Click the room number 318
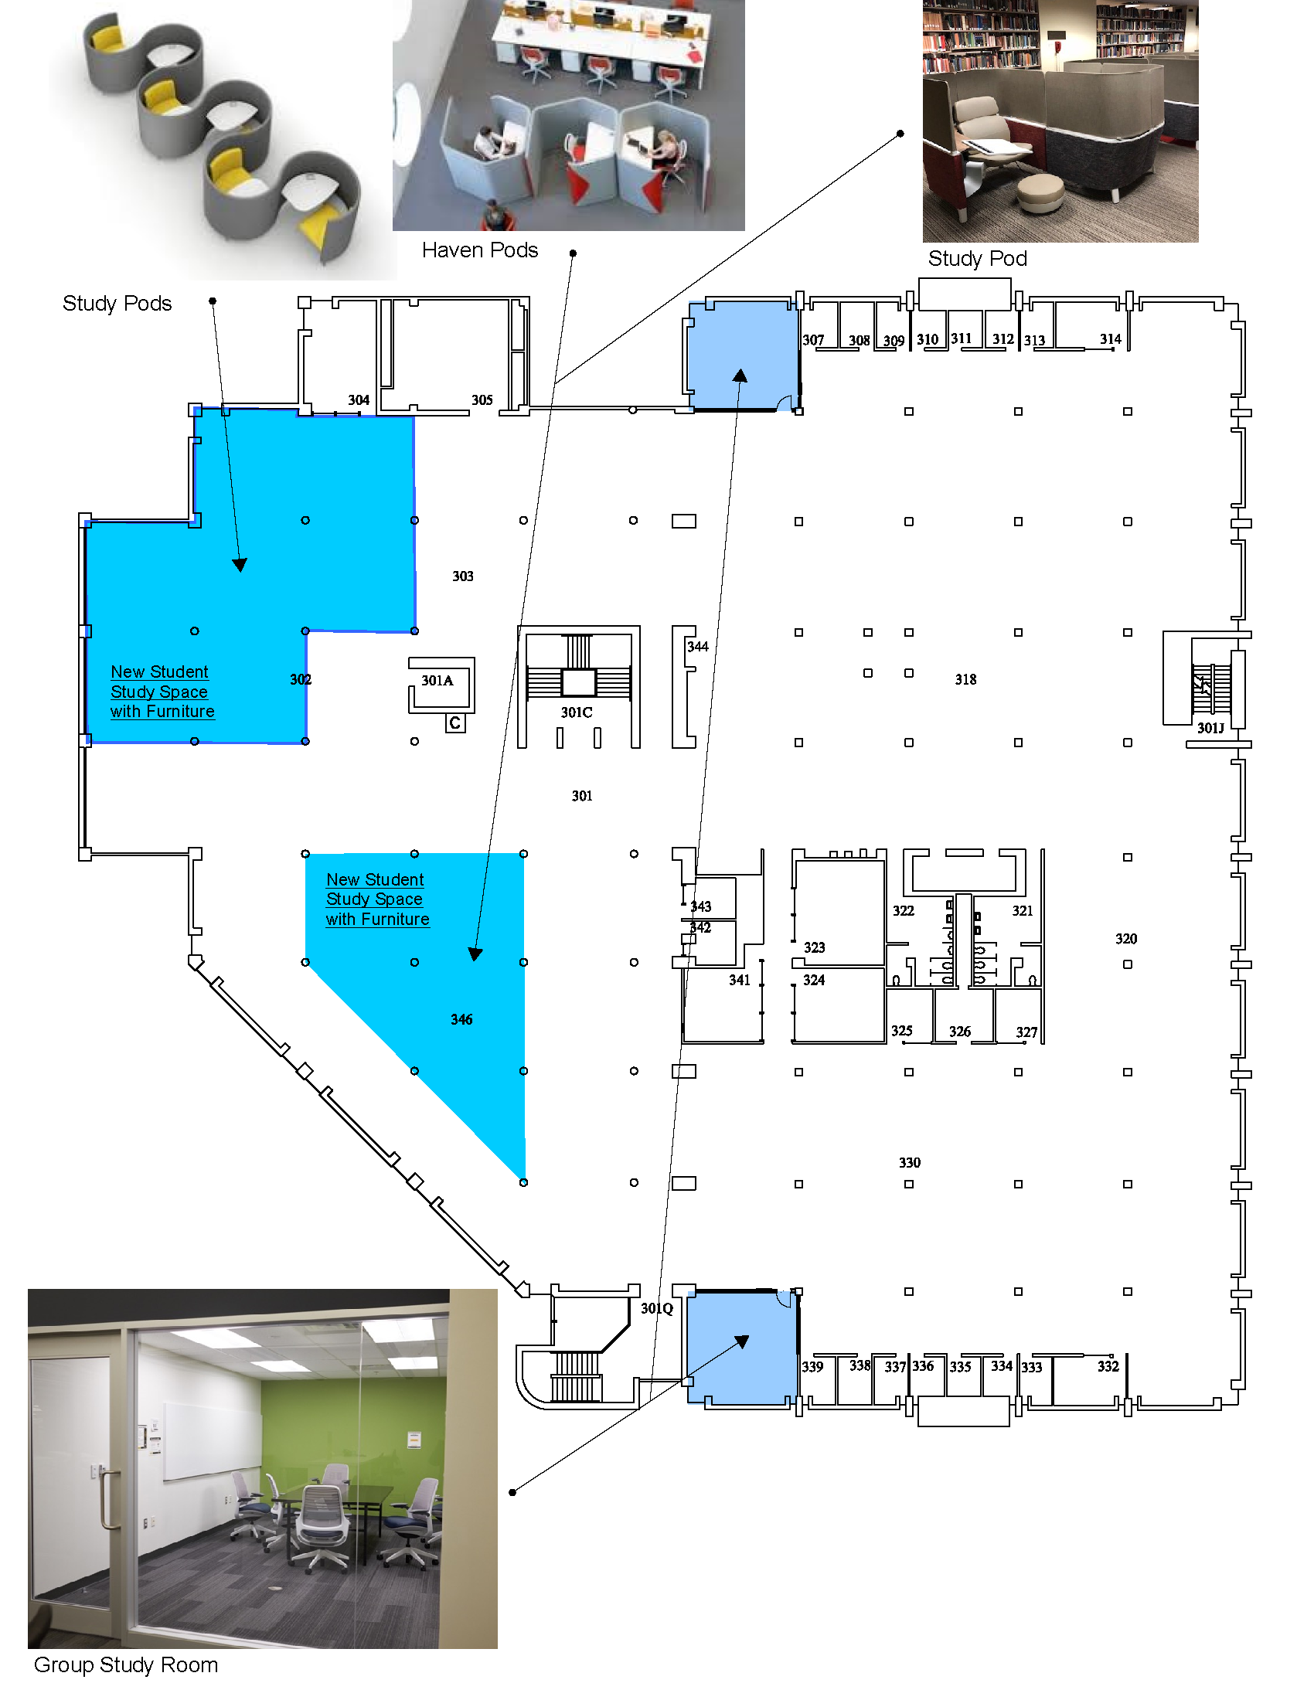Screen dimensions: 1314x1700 [965, 679]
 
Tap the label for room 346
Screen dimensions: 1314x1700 [461, 1019]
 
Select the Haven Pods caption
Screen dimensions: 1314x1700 [479, 250]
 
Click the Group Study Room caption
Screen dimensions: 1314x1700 [126, 1664]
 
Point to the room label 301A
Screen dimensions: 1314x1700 [437, 680]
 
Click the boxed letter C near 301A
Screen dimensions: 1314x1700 [455, 723]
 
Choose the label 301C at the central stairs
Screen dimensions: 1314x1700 [577, 712]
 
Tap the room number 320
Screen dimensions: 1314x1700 [1126, 939]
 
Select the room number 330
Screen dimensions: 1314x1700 [909, 1162]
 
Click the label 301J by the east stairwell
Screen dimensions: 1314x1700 [1210, 728]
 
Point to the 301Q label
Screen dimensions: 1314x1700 [656, 1308]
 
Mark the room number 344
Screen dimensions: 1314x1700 [697, 647]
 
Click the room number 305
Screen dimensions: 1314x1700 [482, 400]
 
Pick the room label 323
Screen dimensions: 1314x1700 [814, 947]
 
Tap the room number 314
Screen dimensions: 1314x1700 [1111, 339]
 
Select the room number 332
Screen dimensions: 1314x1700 [1108, 1366]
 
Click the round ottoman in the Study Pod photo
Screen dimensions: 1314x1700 [1040, 193]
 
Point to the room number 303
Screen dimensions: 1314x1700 [463, 576]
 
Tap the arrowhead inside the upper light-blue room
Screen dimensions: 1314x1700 [740, 376]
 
